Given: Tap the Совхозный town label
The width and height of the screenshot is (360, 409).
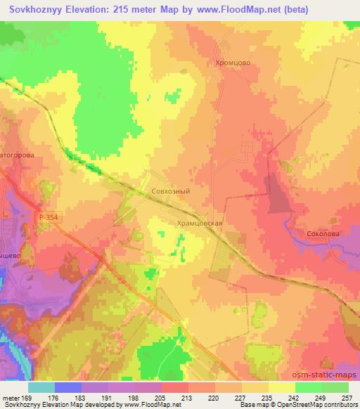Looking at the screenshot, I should [171, 190].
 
